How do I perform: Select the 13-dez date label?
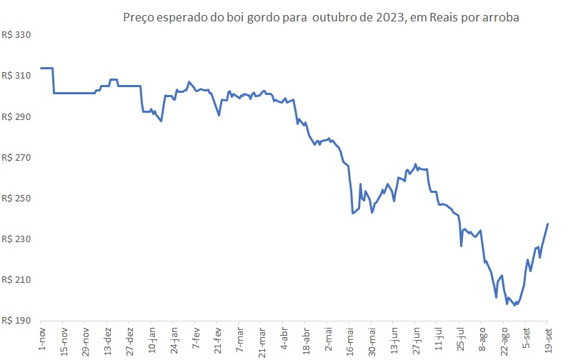point(106,338)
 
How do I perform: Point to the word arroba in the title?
point(502,17)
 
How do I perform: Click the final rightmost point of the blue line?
point(548,224)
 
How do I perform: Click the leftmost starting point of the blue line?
point(41,68)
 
